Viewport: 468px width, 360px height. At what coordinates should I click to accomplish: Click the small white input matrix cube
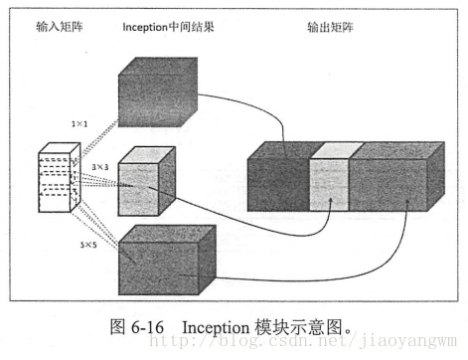click(x=58, y=179)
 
